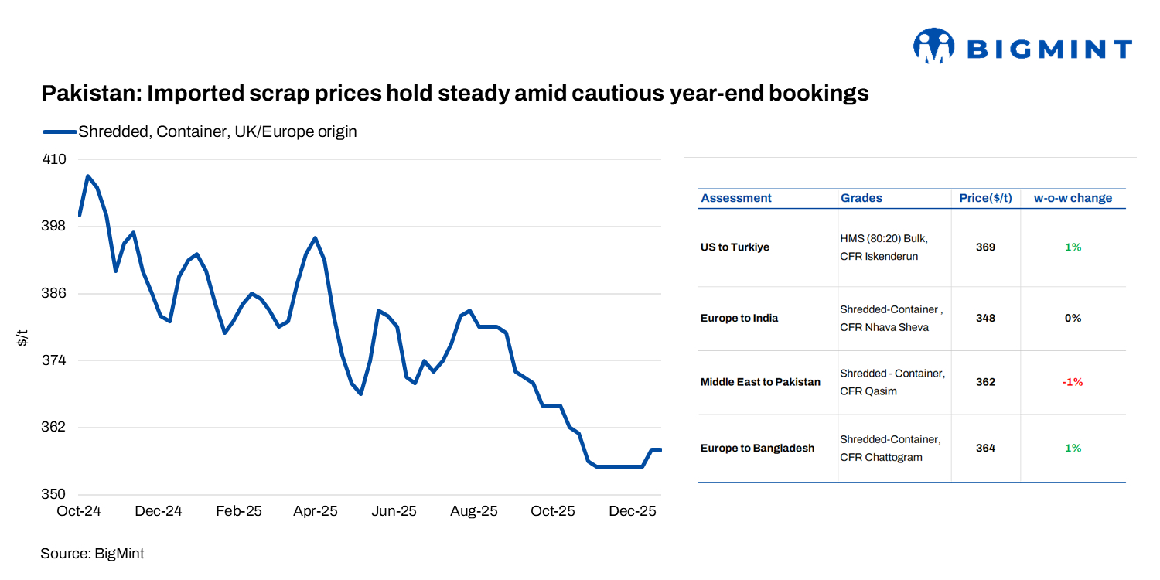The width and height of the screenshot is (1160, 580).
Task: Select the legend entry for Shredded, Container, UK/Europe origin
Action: (217, 131)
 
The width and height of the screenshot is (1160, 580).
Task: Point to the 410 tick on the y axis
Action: (54, 159)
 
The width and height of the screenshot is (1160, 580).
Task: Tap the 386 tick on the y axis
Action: (54, 294)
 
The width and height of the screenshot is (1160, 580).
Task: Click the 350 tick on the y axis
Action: (54, 494)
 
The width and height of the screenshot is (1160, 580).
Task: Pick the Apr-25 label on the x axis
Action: (316, 511)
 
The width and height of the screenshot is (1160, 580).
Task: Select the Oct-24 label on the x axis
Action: (79, 511)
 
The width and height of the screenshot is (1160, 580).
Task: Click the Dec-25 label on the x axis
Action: (633, 511)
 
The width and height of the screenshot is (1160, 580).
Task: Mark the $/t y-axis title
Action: (22, 338)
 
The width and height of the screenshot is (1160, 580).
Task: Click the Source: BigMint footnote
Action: (92, 554)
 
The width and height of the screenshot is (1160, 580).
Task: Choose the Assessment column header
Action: (735, 198)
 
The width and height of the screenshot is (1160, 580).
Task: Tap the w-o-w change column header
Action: (1073, 198)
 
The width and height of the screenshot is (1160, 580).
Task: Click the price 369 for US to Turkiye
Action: (985, 247)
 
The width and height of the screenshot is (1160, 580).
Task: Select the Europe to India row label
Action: (739, 318)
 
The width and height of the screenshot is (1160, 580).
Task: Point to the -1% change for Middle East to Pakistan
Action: (1073, 382)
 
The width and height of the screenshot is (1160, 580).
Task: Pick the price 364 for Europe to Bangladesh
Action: (985, 448)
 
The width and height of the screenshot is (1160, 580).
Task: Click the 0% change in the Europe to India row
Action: (1073, 318)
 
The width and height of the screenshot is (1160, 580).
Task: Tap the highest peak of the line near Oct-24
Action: (87, 176)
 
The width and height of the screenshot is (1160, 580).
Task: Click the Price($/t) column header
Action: (985, 198)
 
